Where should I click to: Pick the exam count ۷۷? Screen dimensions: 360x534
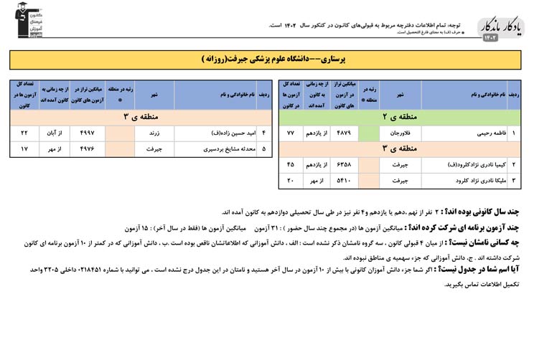tap(291, 133)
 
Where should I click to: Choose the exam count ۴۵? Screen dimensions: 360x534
tap(291, 164)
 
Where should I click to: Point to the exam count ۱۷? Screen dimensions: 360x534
tap(24, 149)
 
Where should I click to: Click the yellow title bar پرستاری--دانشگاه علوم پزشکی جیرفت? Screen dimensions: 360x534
tap(266, 60)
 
